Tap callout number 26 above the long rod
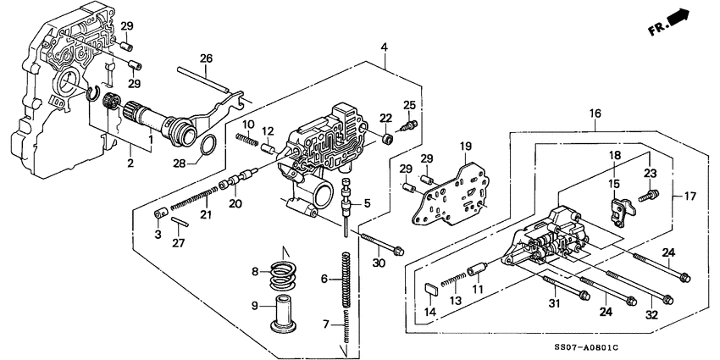point(206,58)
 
